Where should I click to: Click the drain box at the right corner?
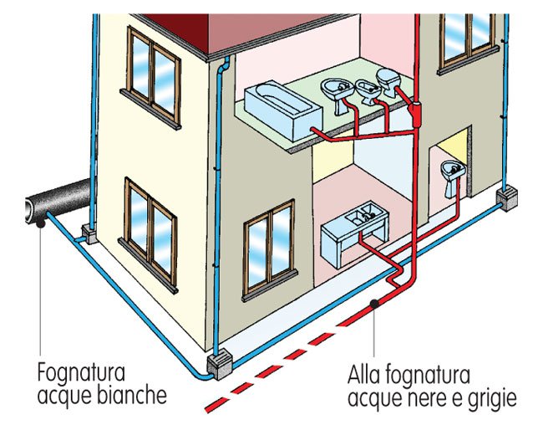tap(508, 200)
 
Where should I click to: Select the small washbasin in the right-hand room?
tap(452, 175)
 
